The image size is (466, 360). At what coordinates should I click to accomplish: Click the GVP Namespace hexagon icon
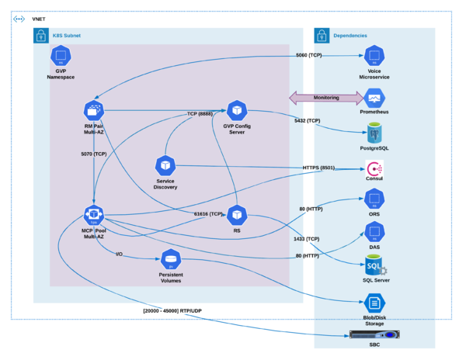tap(61, 56)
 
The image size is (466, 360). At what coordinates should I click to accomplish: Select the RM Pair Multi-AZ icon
tap(94, 111)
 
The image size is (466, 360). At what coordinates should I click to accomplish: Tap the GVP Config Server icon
tap(237, 111)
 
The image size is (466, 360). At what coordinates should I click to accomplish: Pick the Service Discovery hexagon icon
tap(165, 165)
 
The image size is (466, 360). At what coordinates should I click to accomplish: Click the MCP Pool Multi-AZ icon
tap(94, 215)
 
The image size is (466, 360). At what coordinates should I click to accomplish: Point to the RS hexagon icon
tap(237, 215)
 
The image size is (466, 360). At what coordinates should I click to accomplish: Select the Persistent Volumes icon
tap(171, 259)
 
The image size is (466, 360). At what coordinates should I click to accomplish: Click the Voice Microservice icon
tap(374, 56)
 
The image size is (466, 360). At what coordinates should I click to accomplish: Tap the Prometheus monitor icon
tap(374, 99)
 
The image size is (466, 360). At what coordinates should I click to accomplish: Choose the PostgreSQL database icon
tap(374, 133)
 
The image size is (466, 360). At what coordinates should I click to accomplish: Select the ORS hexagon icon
tap(374, 199)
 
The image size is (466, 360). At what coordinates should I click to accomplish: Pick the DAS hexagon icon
tap(374, 232)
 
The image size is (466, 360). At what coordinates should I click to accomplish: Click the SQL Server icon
tap(376, 265)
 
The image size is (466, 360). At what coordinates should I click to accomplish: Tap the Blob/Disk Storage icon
tap(374, 303)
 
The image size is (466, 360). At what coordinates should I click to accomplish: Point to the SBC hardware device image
tap(374, 334)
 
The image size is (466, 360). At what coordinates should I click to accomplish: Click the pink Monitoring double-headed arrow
tap(326, 98)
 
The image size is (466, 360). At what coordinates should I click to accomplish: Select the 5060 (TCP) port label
tap(309, 55)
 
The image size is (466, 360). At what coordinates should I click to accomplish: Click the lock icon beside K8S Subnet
tap(41, 36)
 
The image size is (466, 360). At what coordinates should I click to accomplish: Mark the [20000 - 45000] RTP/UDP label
tap(172, 311)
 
